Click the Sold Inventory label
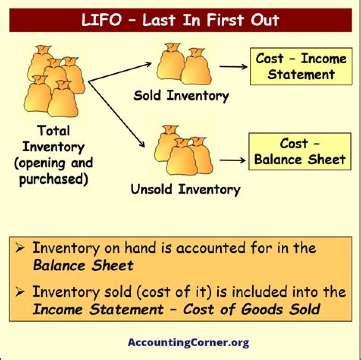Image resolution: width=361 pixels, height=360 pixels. (181, 95)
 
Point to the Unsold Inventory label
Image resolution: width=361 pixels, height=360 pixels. (185, 189)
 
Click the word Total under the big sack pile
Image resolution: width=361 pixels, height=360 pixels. (54, 131)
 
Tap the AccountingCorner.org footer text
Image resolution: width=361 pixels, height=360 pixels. (188, 343)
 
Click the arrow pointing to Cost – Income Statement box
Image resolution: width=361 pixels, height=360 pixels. (234, 67)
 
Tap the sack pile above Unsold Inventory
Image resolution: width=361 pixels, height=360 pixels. (183, 152)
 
